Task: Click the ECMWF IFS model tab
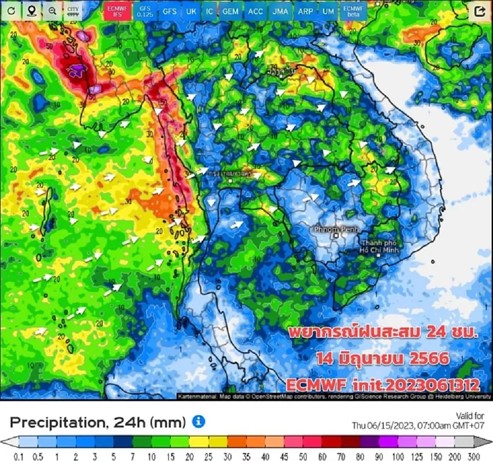click(x=117, y=11)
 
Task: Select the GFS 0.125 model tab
click(x=145, y=11)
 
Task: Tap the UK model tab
click(x=191, y=11)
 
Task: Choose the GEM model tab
click(x=230, y=11)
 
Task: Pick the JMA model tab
click(x=280, y=11)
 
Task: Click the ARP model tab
click(x=305, y=11)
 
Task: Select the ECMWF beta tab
click(x=353, y=11)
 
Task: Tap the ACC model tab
click(x=255, y=11)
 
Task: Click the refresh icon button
click(x=12, y=11)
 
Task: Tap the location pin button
click(x=32, y=11)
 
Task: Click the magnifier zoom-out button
click(x=52, y=11)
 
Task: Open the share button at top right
click(x=480, y=11)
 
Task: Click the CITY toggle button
click(x=73, y=11)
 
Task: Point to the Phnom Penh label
click(x=336, y=229)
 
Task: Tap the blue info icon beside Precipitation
click(x=199, y=422)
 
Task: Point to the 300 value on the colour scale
click(x=474, y=456)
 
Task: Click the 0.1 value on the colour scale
click(x=18, y=456)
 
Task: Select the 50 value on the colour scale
click(x=303, y=456)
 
